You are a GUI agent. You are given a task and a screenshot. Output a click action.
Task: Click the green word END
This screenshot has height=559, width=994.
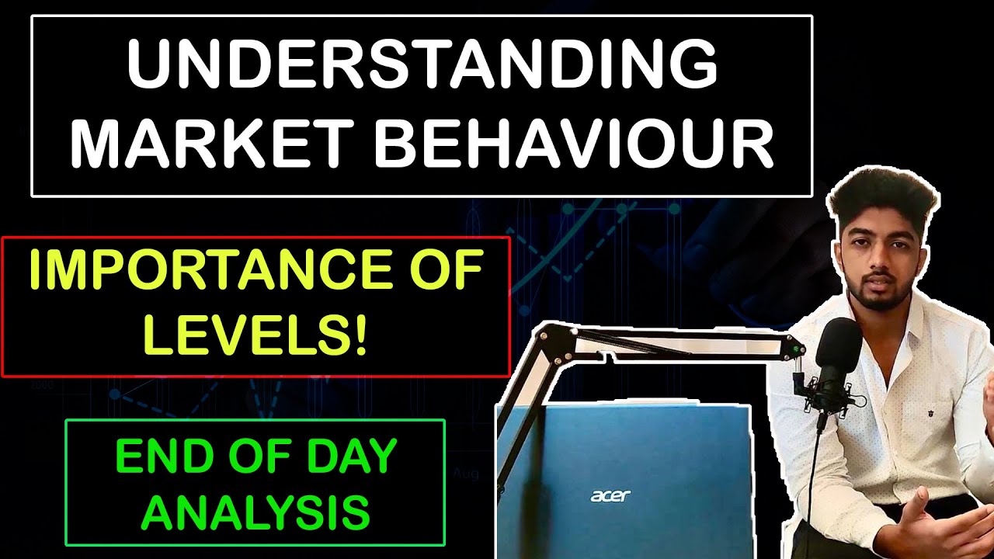(156, 458)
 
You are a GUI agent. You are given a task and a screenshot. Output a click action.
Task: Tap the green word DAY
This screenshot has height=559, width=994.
(354, 458)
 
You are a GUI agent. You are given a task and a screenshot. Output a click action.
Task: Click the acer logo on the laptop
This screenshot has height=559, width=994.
(610, 495)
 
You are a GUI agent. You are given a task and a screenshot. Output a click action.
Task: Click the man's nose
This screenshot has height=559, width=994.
(874, 260)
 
